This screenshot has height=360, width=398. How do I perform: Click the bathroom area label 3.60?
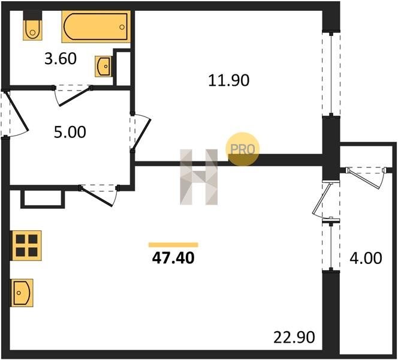tap(61, 59)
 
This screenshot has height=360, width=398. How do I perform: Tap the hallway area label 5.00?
tap(70, 133)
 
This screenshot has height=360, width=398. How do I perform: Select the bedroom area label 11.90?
tap(229, 80)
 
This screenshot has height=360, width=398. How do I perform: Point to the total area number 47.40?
tap(173, 258)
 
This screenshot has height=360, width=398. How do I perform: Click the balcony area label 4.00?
tap(366, 258)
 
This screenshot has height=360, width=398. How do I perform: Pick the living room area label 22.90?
tap(294, 337)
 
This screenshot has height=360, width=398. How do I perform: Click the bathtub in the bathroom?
tap(96, 26)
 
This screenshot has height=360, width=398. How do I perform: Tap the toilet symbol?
tap(32, 25)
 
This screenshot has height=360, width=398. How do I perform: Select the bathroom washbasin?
tap(104, 67)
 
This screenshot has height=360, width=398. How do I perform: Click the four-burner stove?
tap(26, 245)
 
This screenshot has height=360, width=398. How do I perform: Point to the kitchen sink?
tap(22, 293)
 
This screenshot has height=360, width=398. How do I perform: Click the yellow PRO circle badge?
tap(242, 149)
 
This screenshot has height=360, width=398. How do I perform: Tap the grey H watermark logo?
tap(199, 177)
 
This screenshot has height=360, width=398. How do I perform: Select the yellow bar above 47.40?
tap(173, 245)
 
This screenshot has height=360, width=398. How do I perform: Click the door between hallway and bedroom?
tap(140, 132)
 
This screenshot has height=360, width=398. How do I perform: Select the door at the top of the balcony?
tap(366, 178)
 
